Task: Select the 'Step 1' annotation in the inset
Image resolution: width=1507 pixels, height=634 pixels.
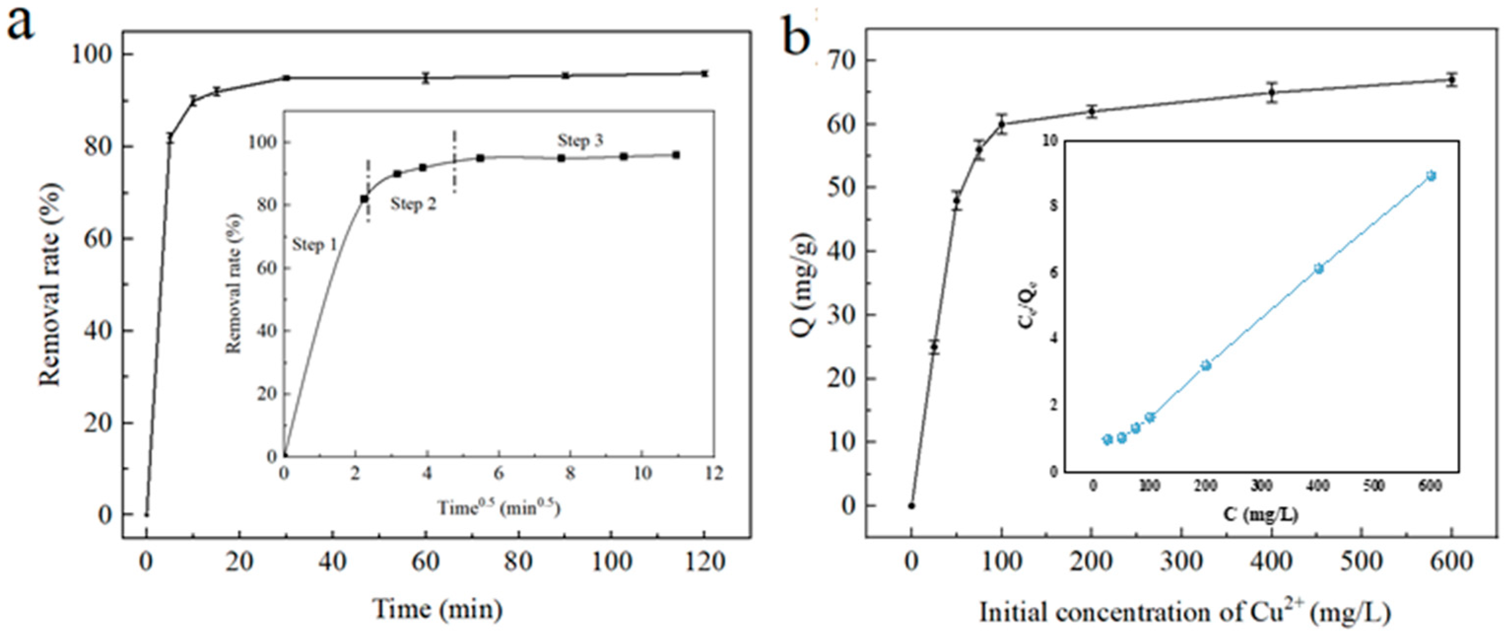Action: [315, 245]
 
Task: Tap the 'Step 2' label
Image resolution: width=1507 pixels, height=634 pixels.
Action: [413, 204]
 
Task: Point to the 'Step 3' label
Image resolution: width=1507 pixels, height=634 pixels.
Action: [580, 141]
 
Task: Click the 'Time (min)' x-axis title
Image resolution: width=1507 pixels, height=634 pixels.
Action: [438, 609]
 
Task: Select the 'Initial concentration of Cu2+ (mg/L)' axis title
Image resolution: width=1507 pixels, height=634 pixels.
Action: [1184, 612]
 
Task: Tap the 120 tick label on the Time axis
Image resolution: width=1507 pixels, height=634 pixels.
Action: [704, 563]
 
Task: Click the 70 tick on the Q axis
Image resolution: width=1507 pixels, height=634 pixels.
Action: [840, 60]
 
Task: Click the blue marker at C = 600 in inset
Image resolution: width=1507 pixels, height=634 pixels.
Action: [1431, 176]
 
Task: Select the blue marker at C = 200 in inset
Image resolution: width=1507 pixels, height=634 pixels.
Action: [1206, 366]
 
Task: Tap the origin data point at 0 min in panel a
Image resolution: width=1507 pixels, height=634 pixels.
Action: [146, 515]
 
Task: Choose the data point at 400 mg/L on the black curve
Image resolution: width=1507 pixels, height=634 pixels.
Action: [1272, 93]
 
